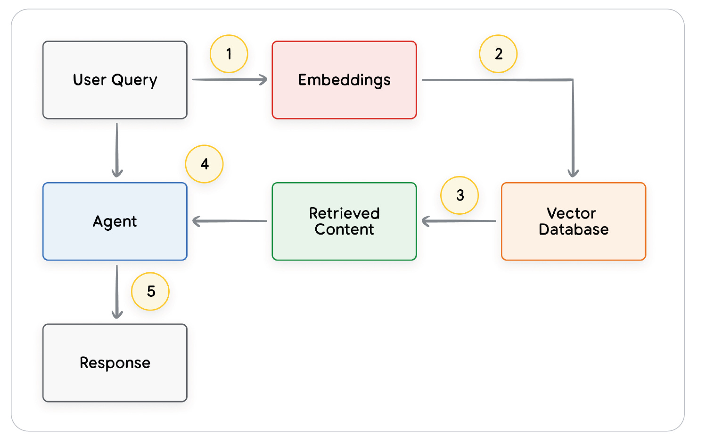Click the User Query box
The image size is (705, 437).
[x=115, y=80]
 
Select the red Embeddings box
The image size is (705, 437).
[x=344, y=80]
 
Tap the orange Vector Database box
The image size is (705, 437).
[x=573, y=221]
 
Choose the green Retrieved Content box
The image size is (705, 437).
[x=344, y=221]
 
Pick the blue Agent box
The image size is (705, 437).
[x=115, y=221]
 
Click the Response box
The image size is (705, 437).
[x=115, y=362]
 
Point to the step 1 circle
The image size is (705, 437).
[x=229, y=54]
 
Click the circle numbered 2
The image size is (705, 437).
[x=498, y=54]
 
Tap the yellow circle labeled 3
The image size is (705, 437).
[x=459, y=195]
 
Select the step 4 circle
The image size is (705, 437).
[x=204, y=164]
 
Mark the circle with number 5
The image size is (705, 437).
[x=150, y=291]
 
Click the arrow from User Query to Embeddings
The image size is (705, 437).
[x=230, y=80]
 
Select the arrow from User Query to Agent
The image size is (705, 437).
[x=117, y=150]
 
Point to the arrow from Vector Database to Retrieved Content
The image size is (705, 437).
[x=459, y=221]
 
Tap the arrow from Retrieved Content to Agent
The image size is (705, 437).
[x=230, y=221]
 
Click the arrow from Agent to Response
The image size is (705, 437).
[x=117, y=291]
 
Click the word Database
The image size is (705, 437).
[x=574, y=229]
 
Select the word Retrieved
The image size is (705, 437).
[x=344, y=213]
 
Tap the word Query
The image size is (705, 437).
[x=134, y=80]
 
